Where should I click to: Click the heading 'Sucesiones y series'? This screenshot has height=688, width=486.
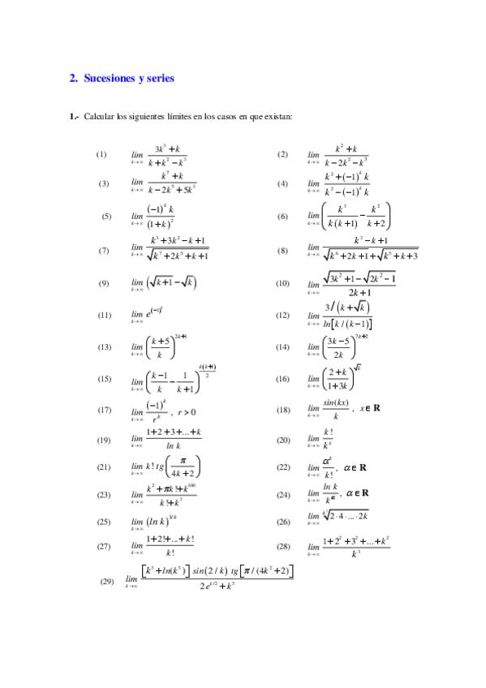(x=129, y=79)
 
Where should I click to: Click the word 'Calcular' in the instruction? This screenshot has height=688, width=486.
(x=99, y=117)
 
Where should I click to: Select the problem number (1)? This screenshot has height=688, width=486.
(x=101, y=154)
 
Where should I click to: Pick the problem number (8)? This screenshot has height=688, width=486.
(x=283, y=251)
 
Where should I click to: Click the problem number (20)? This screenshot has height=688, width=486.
(x=283, y=441)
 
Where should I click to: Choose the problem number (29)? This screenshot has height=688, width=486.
(x=106, y=581)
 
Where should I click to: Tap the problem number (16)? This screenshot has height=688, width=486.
(x=283, y=379)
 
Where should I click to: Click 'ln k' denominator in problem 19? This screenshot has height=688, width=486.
(x=173, y=447)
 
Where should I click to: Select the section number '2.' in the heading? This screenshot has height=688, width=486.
(x=74, y=79)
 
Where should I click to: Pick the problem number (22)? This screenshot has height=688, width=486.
(x=283, y=467)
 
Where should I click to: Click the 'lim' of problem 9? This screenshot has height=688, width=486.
(x=136, y=284)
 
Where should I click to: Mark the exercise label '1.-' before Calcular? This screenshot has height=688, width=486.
(x=75, y=117)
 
